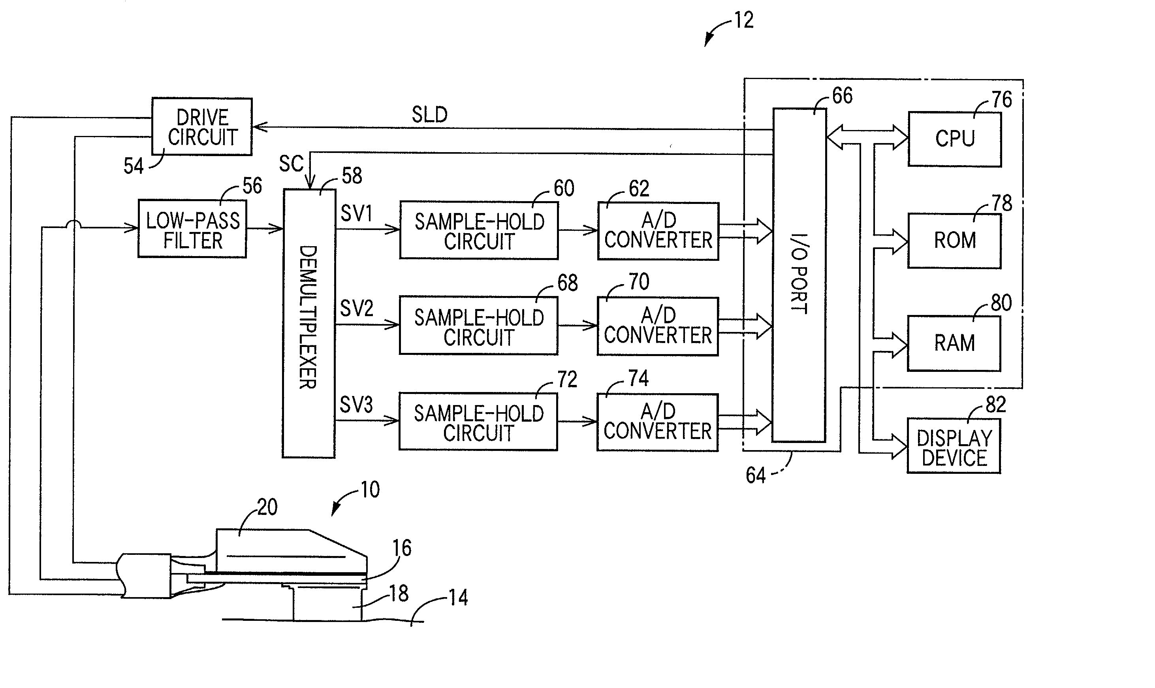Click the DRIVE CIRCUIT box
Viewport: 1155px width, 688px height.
click(x=202, y=126)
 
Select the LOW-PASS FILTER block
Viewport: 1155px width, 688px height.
click(x=192, y=228)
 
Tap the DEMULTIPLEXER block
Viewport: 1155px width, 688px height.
click(x=309, y=324)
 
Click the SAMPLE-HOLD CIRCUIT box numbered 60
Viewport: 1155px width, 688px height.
click(x=479, y=230)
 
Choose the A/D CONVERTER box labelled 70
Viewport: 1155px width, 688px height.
click(x=658, y=326)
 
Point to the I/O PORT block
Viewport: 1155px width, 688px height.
click(x=799, y=275)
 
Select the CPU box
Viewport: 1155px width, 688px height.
click(x=954, y=139)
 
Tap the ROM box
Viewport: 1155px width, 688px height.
click(x=954, y=241)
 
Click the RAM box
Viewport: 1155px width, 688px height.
click(x=954, y=343)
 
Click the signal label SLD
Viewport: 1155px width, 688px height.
click(x=429, y=115)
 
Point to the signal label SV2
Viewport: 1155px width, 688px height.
click(x=356, y=308)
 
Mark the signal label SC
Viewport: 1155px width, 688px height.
click(x=292, y=164)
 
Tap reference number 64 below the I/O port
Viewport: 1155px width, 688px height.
click(x=756, y=475)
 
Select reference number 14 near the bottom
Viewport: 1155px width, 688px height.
click(x=458, y=598)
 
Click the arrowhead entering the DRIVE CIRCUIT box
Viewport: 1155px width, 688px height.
click(x=260, y=127)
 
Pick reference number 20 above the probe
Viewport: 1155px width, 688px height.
click(x=267, y=507)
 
